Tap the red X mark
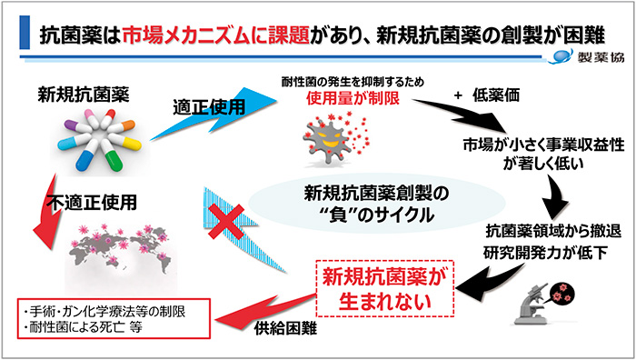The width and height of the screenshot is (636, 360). pos(221,221)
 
